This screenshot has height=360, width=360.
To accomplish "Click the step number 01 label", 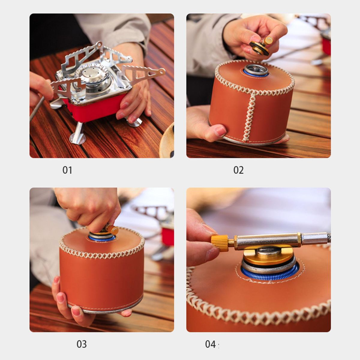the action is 67,170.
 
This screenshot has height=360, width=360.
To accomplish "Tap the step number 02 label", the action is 238,170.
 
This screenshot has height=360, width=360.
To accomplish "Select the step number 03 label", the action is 82,344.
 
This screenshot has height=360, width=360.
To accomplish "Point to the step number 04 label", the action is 210,344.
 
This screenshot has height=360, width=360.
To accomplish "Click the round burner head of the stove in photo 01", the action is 92,73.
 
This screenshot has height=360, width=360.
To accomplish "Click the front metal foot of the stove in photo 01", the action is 77,134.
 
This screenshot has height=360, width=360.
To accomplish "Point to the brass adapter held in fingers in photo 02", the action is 260,46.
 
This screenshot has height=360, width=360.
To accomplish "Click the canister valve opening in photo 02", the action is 256,70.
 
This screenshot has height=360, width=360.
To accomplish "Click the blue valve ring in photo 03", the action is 102,238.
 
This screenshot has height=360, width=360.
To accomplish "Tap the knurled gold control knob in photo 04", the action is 220,243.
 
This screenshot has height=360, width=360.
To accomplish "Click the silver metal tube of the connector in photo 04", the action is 267,241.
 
